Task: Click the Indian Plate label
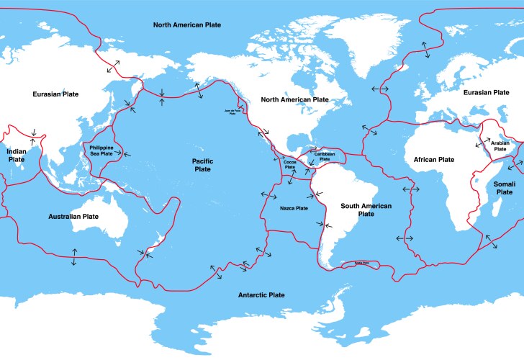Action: coord(16,156)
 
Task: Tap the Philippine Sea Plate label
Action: coord(101,150)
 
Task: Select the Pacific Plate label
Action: coord(202,165)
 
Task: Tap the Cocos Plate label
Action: coord(290,164)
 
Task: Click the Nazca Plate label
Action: coord(294,208)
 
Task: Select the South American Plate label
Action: coord(366,210)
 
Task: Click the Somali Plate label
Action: coord(504,188)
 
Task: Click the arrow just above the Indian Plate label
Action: coord(32,131)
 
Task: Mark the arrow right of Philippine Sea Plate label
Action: coord(127,154)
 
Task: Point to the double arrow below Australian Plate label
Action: coord(73,256)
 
